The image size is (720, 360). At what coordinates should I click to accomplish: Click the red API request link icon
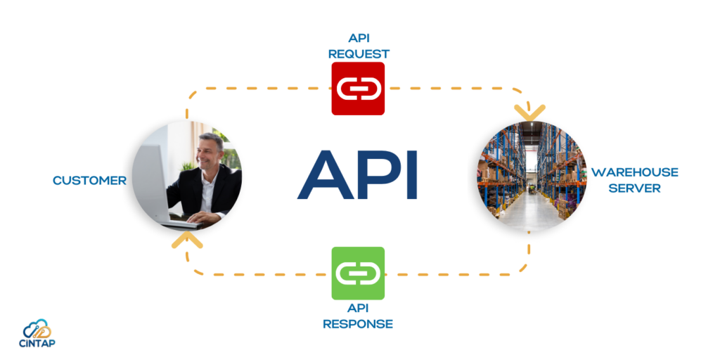(358, 88)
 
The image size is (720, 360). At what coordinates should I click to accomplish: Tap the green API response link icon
(358, 274)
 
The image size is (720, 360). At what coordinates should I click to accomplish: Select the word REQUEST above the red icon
(359, 53)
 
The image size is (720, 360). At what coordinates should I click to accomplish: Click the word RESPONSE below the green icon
(358, 323)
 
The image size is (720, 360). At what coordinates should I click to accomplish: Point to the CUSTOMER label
(89, 181)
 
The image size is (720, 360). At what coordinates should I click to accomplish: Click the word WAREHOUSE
(635, 172)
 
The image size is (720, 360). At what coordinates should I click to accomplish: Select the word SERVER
(635, 188)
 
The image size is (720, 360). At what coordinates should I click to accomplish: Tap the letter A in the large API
(322, 175)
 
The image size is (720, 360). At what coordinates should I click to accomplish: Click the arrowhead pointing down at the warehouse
(529, 112)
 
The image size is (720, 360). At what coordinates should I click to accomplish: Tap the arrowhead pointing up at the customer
(187, 240)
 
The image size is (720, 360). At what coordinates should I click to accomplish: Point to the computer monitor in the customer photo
(152, 184)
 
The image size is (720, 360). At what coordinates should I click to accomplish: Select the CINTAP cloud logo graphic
(37, 329)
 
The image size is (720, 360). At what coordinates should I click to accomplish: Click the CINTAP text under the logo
(37, 343)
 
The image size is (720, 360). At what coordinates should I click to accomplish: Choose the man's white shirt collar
(207, 176)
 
